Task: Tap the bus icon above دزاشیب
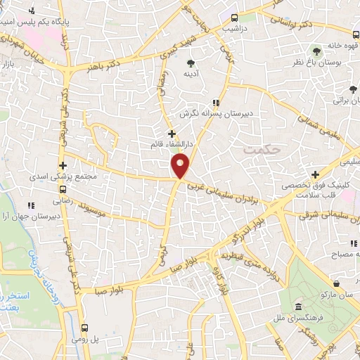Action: pyautogui.click(x=234, y=18)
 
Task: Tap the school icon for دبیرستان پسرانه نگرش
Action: pyautogui.click(x=214, y=103)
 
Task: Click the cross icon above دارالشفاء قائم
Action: pyautogui.click(x=172, y=133)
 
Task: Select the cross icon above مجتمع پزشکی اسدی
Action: pyautogui.click(x=63, y=165)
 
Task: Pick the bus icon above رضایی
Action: pyautogui.click(x=64, y=189)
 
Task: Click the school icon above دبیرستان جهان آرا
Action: pyautogui.click(x=30, y=205)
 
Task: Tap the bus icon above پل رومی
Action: pyautogui.click(x=84, y=328)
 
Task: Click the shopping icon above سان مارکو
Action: pyautogui.click(x=338, y=283)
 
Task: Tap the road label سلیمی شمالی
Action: pyautogui.click(x=317, y=127)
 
